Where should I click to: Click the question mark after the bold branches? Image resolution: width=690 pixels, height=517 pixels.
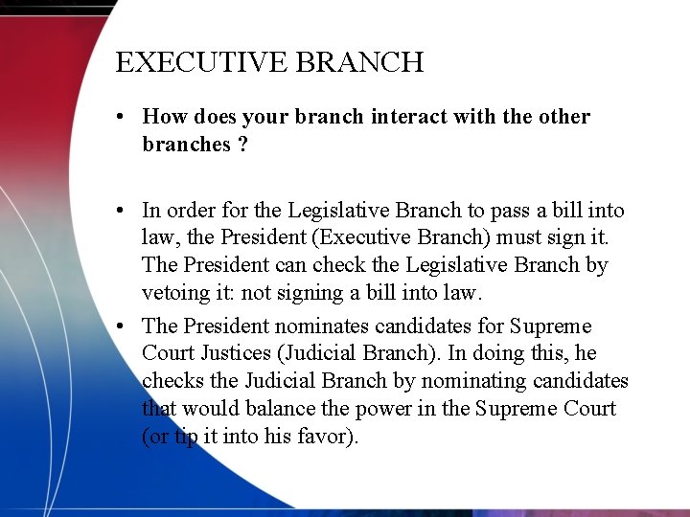pos(241,145)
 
